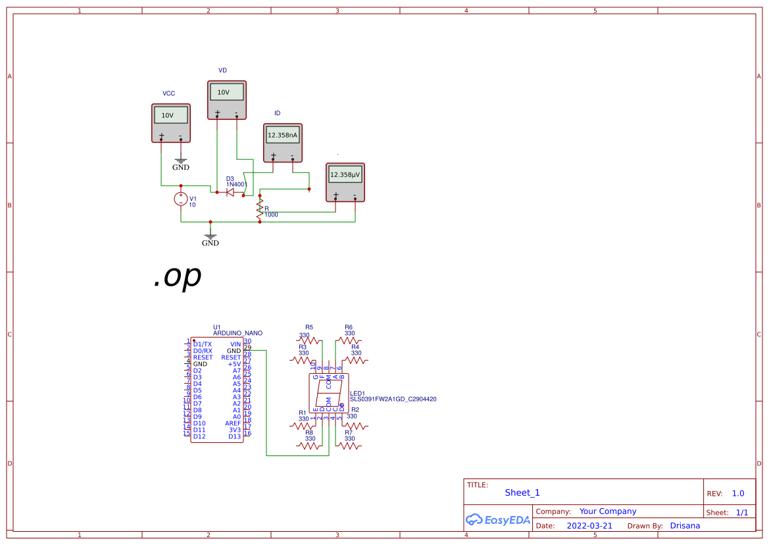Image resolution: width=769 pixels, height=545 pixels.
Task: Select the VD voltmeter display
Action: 227,93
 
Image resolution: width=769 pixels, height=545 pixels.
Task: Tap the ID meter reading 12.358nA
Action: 282,136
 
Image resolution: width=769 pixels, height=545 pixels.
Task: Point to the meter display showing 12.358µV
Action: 345,175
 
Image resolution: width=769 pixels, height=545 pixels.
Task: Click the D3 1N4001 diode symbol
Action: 231,192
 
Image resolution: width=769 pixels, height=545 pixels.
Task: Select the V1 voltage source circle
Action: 181,199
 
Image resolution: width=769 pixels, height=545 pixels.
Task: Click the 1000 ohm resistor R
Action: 260,209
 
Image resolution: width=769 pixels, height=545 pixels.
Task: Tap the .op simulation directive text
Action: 177,277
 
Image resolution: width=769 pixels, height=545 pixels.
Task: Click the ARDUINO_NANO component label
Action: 237,334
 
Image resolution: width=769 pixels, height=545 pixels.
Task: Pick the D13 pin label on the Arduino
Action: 234,436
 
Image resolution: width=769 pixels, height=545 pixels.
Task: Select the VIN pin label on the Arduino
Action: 235,344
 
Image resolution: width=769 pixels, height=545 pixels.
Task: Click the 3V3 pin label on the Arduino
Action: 234,430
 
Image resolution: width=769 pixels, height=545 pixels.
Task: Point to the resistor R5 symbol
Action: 309,341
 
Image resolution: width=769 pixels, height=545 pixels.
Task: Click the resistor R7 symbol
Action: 349,446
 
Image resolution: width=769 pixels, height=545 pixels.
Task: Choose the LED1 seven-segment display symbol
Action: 329,394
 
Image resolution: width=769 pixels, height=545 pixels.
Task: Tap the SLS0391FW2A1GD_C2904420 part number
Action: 393,399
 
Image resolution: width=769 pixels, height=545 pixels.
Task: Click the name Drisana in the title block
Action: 685,526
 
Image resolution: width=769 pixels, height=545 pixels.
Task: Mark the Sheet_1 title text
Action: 522,493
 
